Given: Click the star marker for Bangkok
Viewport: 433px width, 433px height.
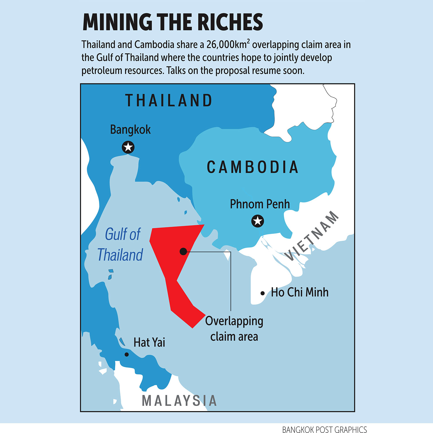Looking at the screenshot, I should click(x=128, y=147).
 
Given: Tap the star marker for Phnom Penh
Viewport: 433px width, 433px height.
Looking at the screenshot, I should click(x=258, y=221).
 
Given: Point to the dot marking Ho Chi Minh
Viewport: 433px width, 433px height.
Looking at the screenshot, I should click(x=262, y=293).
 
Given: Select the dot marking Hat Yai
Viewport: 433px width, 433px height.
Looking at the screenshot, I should click(x=126, y=354).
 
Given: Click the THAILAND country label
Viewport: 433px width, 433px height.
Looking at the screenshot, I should click(x=169, y=100).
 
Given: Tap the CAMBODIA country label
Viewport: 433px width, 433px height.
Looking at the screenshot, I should click(x=253, y=167).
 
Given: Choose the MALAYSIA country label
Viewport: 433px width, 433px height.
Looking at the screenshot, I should click(x=179, y=401).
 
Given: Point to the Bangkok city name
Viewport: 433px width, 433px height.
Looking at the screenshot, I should click(x=130, y=130).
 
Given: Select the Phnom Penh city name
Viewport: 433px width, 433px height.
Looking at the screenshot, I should click(x=260, y=204).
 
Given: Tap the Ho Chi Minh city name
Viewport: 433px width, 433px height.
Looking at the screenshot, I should click(x=300, y=292).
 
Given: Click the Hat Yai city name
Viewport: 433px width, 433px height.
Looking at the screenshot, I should click(x=149, y=342).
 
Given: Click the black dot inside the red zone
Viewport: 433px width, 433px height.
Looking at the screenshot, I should click(x=183, y=251).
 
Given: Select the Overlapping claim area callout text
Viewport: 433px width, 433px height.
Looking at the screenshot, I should click(x=234, y=329).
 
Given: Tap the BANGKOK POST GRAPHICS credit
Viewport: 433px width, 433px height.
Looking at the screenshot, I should click(x=324, y=430).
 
